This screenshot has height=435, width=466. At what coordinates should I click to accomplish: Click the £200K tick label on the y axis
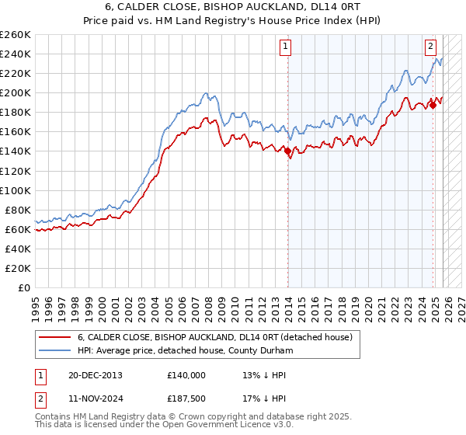pyautogui.click(x=16, y=92)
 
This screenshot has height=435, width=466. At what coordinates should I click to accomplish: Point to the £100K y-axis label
pyautogui.click(x=16, y=190)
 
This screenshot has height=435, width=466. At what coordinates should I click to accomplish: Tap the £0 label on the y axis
pyautogui.click(x=23, y=287)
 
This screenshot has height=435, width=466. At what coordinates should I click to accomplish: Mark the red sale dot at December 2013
pyautogui.click(x=287, y=151)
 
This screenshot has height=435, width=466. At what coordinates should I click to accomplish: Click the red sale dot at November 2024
pyautogui.click(x=433, y=105)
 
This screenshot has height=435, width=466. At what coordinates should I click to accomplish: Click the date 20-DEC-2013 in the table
pyautogui.click(x=96, y=375)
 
